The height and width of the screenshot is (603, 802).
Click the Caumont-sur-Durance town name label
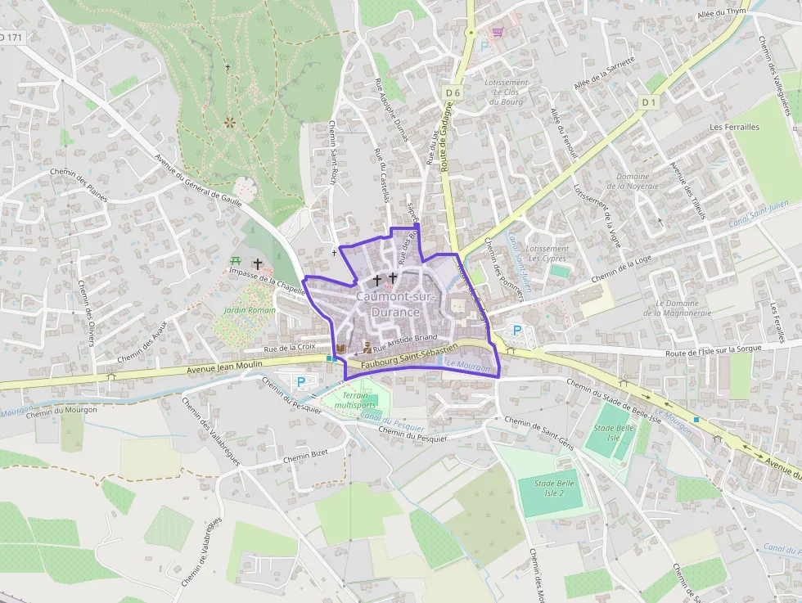click(x=388, y=304)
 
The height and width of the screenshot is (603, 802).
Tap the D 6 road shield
click(x=453, y=93)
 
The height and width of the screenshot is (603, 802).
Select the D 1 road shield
click(x=649, y=102)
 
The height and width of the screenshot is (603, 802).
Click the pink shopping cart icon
click(x=497, y=32)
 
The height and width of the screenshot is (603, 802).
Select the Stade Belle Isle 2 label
click(x=555, y=488)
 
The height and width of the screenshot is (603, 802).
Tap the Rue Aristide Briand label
click(x=412, y=337)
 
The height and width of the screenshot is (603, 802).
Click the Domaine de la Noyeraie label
click(x=633, y=181)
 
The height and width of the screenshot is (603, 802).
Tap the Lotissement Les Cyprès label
click(x=547, y=254)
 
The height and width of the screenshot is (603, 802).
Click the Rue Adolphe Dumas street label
click(x=391, y=110)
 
